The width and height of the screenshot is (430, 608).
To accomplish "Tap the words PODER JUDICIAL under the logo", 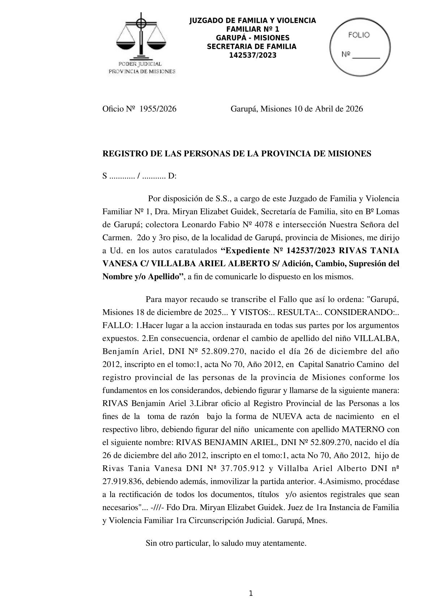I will (142, 64).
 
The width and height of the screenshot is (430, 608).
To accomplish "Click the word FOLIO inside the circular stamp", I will (359, 35).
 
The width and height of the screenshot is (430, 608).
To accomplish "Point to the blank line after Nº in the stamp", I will (366, 56).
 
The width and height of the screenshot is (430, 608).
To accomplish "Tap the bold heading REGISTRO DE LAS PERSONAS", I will (237, 154).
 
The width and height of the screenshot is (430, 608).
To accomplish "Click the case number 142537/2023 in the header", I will (253, 55).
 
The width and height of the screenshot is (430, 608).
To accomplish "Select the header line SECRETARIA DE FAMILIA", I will (251, 47).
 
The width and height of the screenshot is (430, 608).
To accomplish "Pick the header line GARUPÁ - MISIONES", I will (253, 38).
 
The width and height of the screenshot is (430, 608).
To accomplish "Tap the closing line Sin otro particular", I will (226, 543).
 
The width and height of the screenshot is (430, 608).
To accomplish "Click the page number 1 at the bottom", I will (251, 593).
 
